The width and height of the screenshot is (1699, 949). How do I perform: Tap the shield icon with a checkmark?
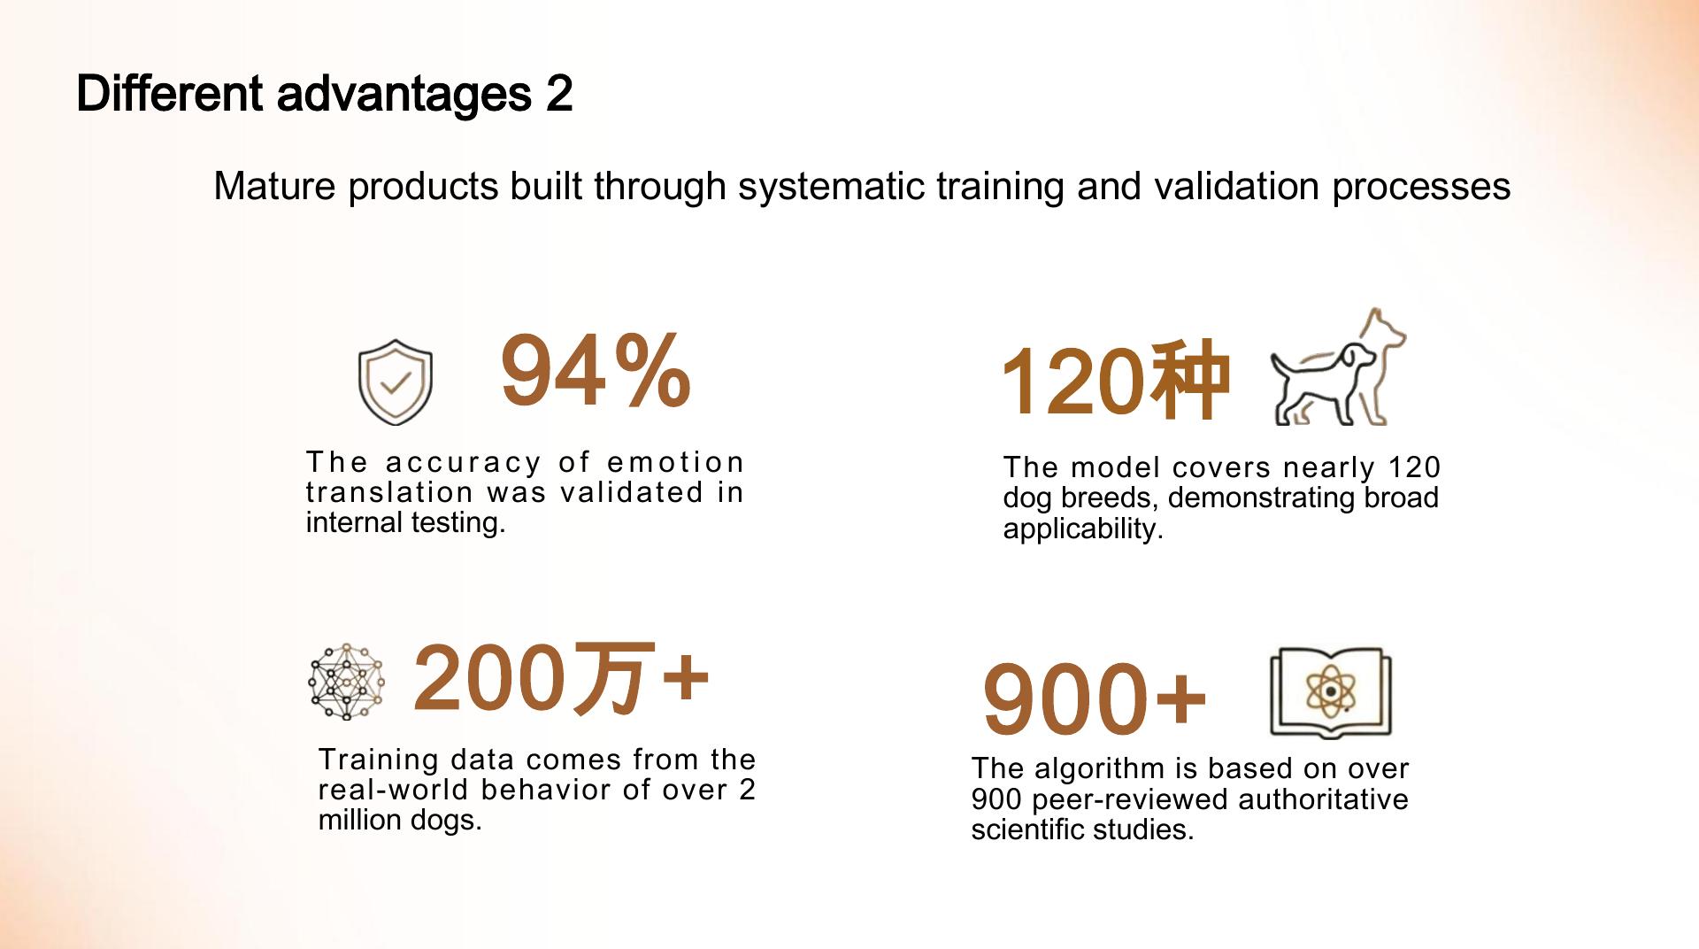click(395, 382)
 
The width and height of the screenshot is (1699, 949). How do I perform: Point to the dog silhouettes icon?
click(1337, 368)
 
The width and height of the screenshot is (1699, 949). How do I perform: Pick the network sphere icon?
click(347, 681)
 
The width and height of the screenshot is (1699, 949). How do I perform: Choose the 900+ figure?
click(1095, 699)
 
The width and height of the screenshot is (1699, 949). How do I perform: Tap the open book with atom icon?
click(1330, 692)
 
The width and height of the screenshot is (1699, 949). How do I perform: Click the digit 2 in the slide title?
click(558, 94)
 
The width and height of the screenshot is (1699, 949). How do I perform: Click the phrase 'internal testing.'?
click(405, 522)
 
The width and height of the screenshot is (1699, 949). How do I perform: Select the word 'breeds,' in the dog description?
click(1110, 498)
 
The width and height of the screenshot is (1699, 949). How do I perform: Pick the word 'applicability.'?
click(1082, 529)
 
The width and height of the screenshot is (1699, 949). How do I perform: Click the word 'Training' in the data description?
click(379, 760)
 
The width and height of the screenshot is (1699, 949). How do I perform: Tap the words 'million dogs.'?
click(400, 820)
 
